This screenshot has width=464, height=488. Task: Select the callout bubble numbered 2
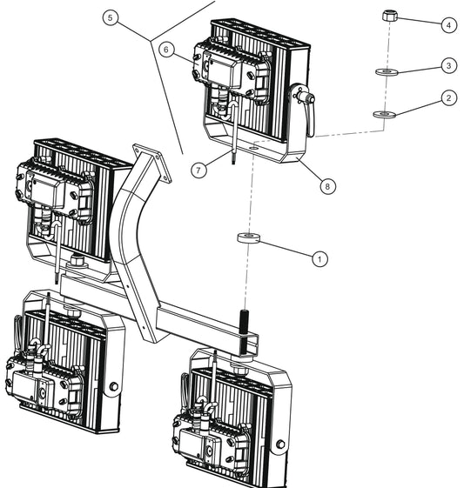(x=447, y=98)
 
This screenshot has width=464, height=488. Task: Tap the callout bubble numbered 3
(x=447, y=65)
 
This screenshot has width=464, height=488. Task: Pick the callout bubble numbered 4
(x=447, y=26)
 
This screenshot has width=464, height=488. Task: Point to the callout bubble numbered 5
(x=110, y=17)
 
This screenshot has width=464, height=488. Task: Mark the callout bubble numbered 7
(x=200, y=170)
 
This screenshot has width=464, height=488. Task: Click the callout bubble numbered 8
(x=327, y=185)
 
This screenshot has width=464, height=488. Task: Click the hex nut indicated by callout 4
(x=390, y=16)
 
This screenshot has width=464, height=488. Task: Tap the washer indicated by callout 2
(x=383, y=113)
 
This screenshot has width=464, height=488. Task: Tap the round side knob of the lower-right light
(x=280, y=446)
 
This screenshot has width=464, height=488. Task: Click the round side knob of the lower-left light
(x=113, y=386)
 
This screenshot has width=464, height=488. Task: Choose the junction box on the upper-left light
(x=52, y=187)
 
